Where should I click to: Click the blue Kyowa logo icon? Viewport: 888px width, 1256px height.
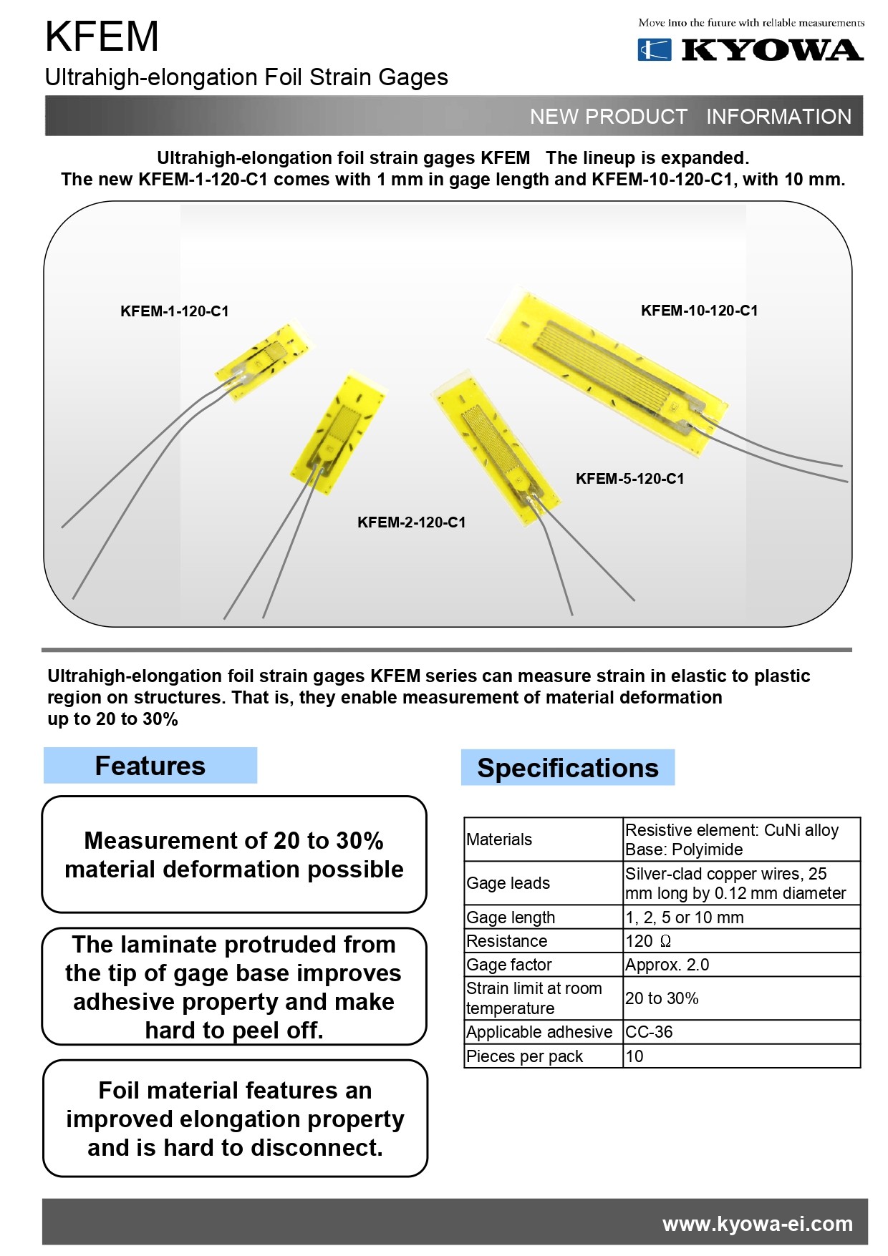click(654, 49)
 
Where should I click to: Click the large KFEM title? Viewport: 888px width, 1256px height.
click(102, 36)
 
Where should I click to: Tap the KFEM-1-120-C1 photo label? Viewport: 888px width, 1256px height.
click(174, 311)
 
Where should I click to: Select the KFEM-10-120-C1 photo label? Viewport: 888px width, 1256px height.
click(699, 311)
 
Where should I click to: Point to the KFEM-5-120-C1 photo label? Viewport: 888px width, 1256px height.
click(629, 479)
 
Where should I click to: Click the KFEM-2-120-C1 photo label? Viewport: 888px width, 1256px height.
click(411, 522)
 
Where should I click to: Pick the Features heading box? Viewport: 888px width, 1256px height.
click(150, 766)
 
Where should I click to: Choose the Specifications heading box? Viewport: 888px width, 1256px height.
click(567, 768)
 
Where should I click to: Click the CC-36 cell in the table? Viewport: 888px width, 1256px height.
click(649, 1032)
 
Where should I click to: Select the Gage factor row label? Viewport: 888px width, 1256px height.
click(508, 965)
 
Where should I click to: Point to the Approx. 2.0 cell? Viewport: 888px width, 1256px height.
click(667, 965)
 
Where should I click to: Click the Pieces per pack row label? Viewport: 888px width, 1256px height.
click(524, 1056)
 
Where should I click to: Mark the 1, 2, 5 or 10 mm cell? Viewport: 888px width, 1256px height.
click(684, 917)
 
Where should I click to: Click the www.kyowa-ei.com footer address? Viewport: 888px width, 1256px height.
click(757, 1224)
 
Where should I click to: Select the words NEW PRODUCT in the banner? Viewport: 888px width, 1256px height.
click(608, 117)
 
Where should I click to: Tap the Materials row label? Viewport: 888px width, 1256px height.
click(499, 839)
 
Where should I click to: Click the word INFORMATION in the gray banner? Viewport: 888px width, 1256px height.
click(778, 117)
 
